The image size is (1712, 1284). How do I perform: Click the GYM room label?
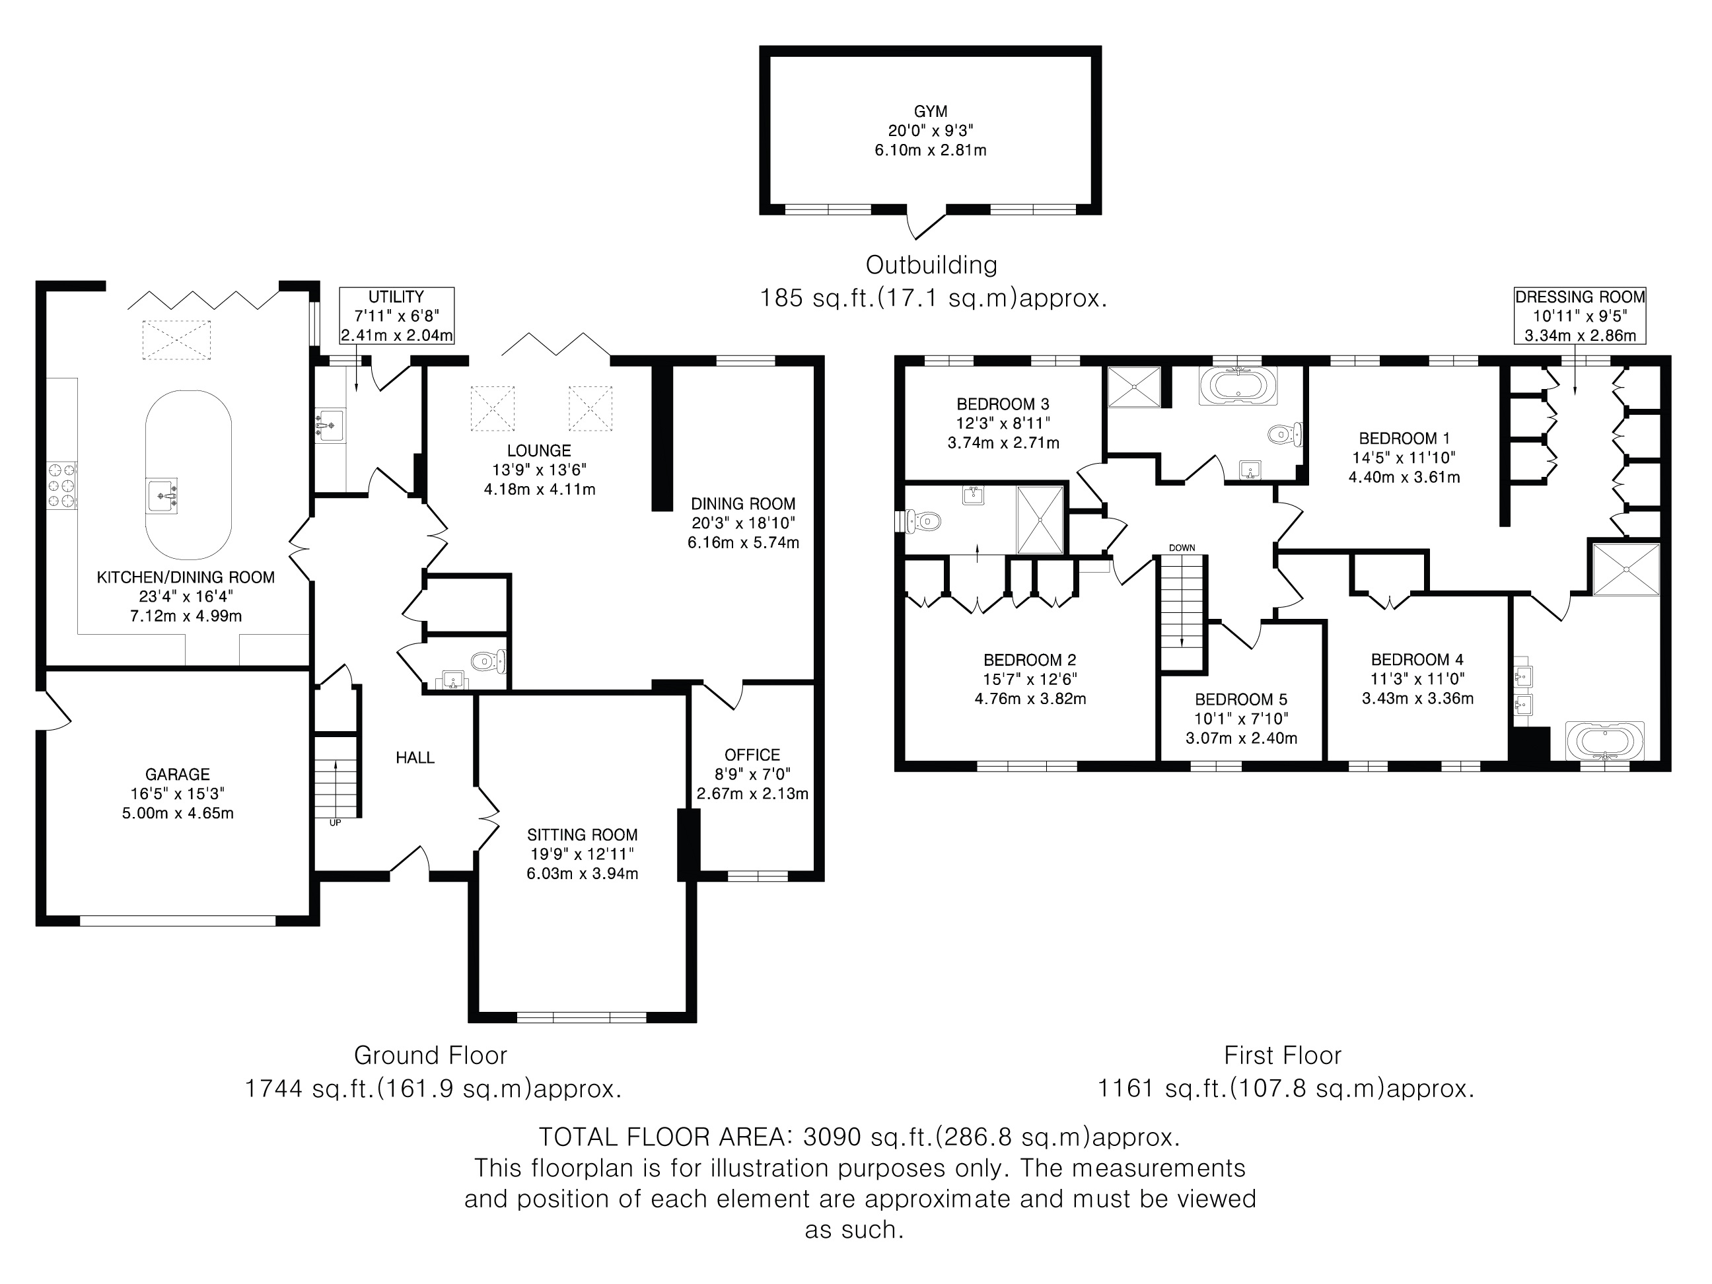click(x=929, y=112)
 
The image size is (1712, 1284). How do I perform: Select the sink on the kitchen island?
click(x=163, y=494)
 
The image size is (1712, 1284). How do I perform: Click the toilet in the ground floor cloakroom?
click(x=487, y=660)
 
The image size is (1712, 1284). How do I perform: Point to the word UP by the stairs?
click(x=335, y=823)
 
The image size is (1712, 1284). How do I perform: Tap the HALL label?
click(x=415, y=758)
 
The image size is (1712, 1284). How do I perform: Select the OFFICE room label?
click(x=752, y=754)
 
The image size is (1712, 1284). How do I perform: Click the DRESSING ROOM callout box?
click(x=1580, y=316)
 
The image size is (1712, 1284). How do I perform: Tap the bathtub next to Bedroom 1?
click(x=1238, y=386)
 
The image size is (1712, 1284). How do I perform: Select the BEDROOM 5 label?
click(x=1240, y=699)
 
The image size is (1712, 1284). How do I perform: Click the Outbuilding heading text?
click(x=931, y=265)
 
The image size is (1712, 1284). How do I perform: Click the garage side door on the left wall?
click(x=53, y=709)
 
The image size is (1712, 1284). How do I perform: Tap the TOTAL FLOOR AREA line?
click(x=859, y=1136)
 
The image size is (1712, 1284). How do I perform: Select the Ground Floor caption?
click(x=431, y=1055)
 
